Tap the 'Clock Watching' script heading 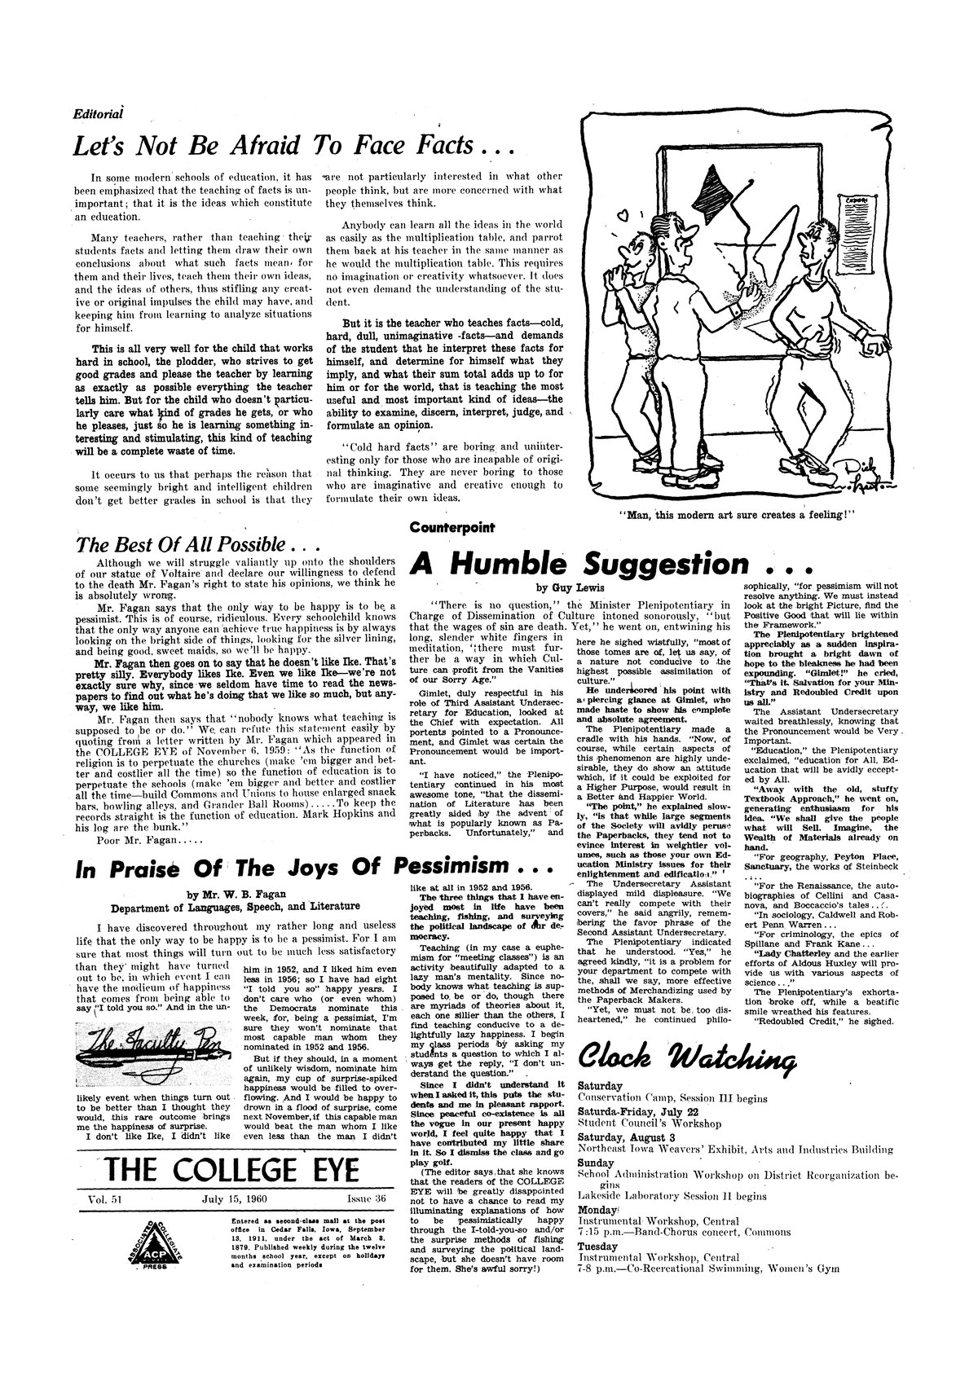(686, 1058)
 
